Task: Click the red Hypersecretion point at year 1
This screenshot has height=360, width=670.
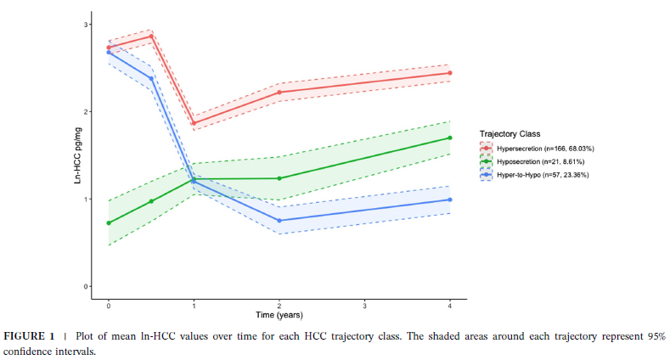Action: tap(194, 123)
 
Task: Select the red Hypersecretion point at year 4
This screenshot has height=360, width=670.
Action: tap(449, 73)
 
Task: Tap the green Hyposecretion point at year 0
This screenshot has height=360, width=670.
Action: tap(109, 223)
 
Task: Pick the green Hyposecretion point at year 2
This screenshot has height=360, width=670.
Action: tap(279, 178)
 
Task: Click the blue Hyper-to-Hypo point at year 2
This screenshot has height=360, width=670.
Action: tap(279, 221)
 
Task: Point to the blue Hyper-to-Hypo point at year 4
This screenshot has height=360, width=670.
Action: tap(449, 200)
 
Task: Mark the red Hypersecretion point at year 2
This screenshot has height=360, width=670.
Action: tap(279, 92)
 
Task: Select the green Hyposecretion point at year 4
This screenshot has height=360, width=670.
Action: tap(449, 138)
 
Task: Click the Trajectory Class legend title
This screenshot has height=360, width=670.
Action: tap(510, 134)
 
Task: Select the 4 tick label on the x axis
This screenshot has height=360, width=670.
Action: tap(449, 304)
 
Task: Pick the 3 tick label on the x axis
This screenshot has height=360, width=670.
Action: tap(364, 304)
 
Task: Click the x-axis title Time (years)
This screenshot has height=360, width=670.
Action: tap(279, 315)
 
